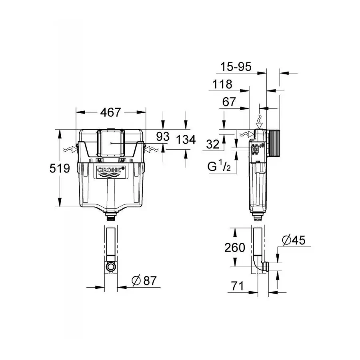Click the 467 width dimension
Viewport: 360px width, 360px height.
[110, 113]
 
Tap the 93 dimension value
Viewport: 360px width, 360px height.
[163, 136]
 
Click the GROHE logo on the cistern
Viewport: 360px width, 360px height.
[109, 171]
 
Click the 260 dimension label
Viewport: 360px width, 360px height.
[234, 248]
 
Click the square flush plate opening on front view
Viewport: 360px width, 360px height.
[110, 143]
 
